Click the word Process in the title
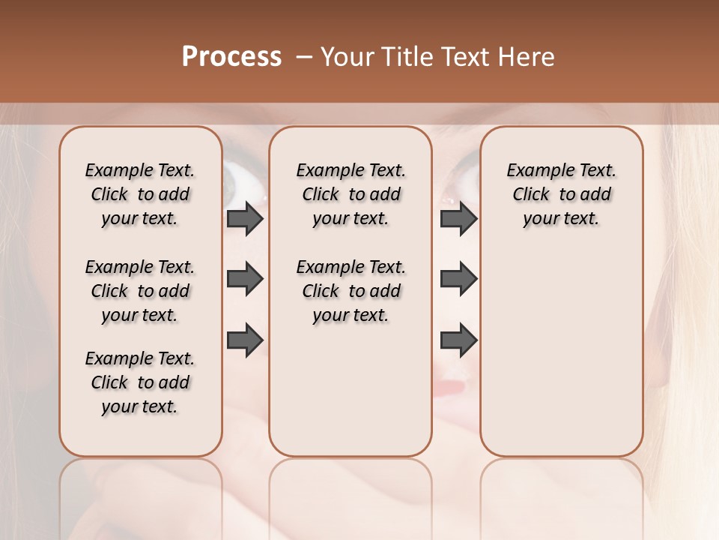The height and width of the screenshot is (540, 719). pyautogui.click(x=231, y=57)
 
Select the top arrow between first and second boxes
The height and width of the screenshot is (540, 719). pyautogui.click(x=245, y=218)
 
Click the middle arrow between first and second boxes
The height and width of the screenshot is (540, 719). pyautogui.click(x=245, y=279)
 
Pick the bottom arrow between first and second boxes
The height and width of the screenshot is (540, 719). pyautogui.click(x=245, y=340)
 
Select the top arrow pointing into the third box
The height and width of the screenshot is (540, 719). pyautogui.click(x=458, y=218)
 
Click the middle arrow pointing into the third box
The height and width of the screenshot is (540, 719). pyautogui.click(x=458, y=279)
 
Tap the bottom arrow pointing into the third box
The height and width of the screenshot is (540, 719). pyautogui.click(x=458, y=340)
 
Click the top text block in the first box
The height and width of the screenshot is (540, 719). pyautogui.click(x=140, y=194)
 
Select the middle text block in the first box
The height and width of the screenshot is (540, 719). pyautogui.click(x=140, y=291)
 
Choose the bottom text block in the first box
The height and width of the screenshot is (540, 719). pyautogui.click(x=140, y=382)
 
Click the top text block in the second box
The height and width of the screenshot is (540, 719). pyautogui.click(x=351, y=194)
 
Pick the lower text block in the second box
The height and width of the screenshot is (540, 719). pyautogui.click(x=351, y=291)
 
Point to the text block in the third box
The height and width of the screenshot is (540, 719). pyautogui.click(x=561, y=194)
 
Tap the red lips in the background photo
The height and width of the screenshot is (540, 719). pyautogui.click(x=452, y=388)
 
